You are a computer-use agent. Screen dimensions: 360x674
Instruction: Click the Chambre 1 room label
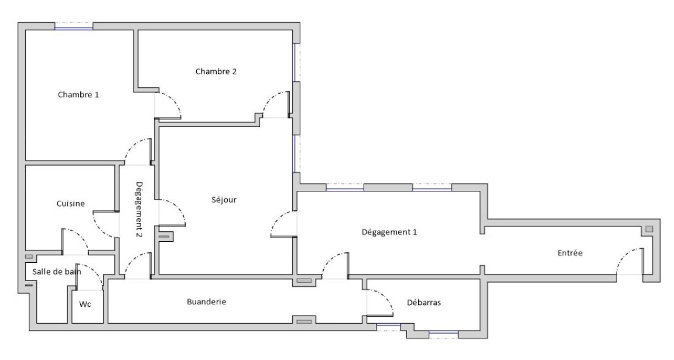click(x=78, y=94)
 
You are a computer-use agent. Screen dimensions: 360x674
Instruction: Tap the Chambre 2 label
click(x=216, y=71)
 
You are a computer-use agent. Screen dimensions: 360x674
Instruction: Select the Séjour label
click(x=224, y=200)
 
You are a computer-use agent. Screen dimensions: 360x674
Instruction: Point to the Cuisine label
click(x=71, y=204)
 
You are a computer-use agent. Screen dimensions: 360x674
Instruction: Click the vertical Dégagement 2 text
click(x=139, y=210)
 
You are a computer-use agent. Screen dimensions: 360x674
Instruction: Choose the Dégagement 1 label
click(x=390, y=232)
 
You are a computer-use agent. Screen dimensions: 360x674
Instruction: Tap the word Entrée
click(x=570, y=253)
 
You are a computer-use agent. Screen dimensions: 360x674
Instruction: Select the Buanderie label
click(x=206, y=302)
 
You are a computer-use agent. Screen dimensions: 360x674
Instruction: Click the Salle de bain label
click(x=57, y=271)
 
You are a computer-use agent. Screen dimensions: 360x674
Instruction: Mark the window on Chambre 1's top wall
click(x=74, y=26)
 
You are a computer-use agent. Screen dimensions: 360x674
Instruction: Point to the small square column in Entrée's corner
click(x=649, y=229)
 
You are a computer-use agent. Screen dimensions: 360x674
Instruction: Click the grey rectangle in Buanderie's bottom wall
click(x=304, y=321)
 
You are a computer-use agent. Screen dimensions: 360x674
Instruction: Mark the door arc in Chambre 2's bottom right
click(x=275, y=104)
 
